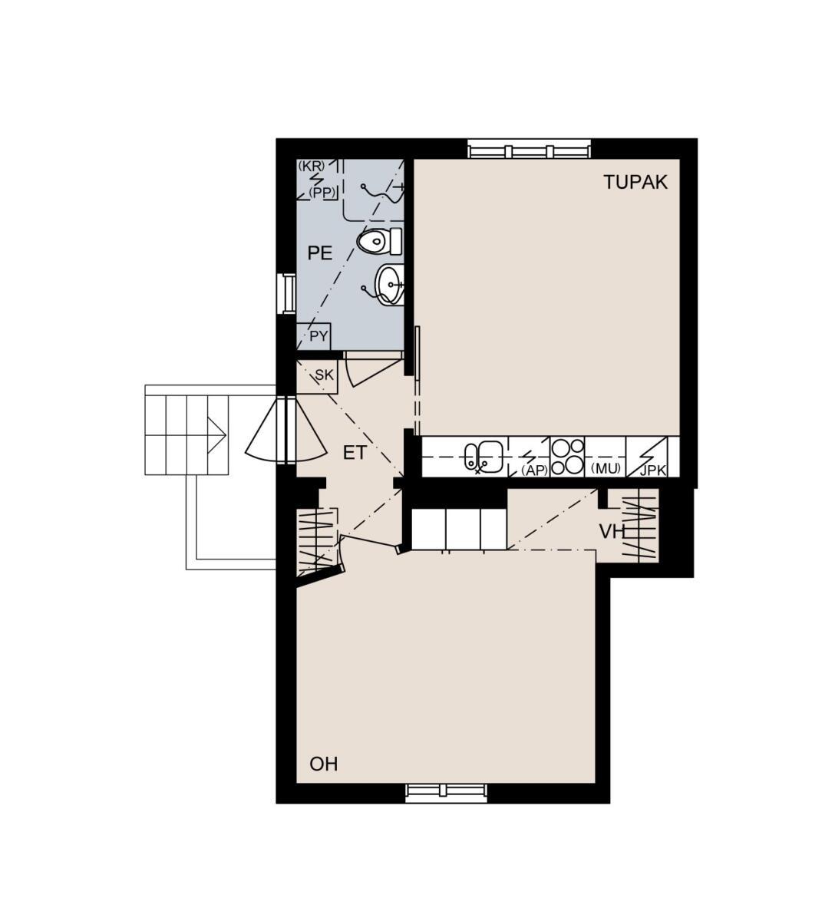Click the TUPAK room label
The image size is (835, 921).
pyautogui.click(x=635, y=182)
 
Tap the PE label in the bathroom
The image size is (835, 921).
pyautogui.click(x=320, y=253)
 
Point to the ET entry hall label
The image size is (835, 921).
pyautogui.click(x=355, y=453)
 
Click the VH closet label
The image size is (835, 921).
pyautogui.click(x=612, y=532)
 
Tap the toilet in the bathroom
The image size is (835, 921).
pyautogui.click(x=379, y=241)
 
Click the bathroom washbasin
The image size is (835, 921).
pyautogui.click(x=389, y=285)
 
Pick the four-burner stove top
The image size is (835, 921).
pyautogui.click(x=567, y=457)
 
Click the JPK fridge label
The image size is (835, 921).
pyautogui.click(x=652, y=470)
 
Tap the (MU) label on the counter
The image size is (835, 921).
pyautogui.click(x=606, y=469)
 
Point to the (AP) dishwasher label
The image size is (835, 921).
pyautogui.click(x=535, y=470)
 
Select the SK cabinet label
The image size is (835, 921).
pyautogui.click(x=325, y=375)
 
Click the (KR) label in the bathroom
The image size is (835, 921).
pyautogui.click(x=311, y=165)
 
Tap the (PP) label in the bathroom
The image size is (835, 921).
pyautogui.click(x=322, y=193)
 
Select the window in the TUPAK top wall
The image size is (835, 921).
pyautogui.click(x=529, y=150)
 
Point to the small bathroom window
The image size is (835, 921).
pyautogui.click(x=289, y=293)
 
